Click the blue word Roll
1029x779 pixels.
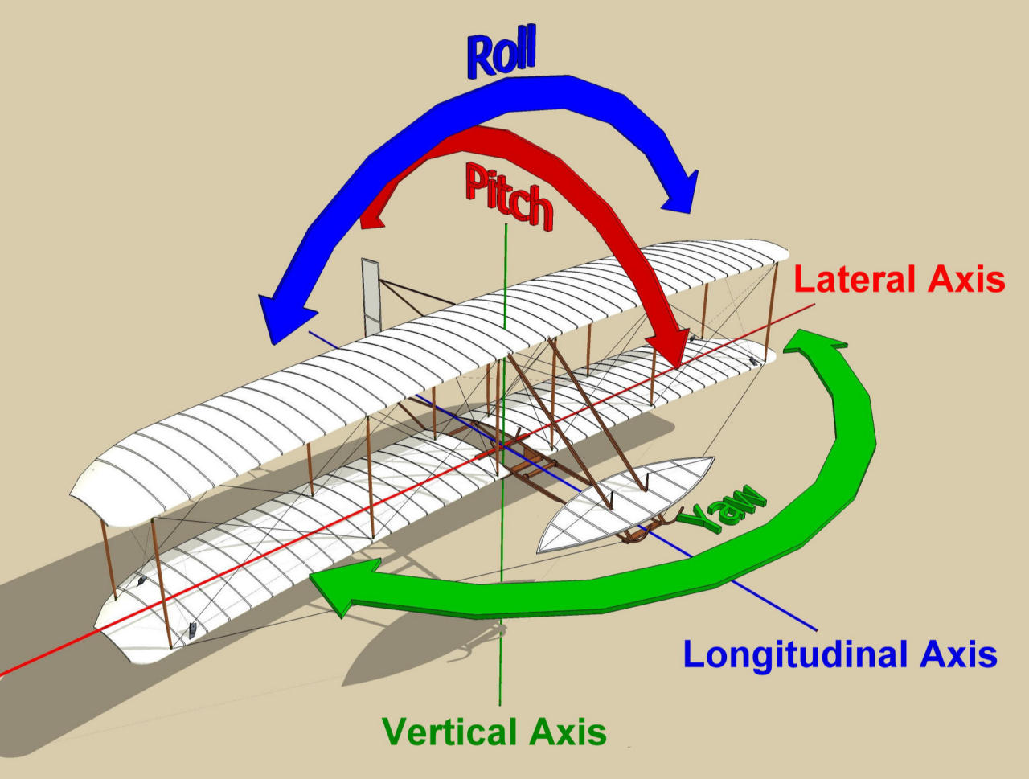coord(501,53)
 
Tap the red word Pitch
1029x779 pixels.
coord(508,197)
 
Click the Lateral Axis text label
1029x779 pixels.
coord(899,280)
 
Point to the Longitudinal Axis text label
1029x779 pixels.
coord(839,654)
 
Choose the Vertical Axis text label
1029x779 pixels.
coord(494,732)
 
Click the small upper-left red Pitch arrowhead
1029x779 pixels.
coord(371,215)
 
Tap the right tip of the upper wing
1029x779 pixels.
coord(784,250)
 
